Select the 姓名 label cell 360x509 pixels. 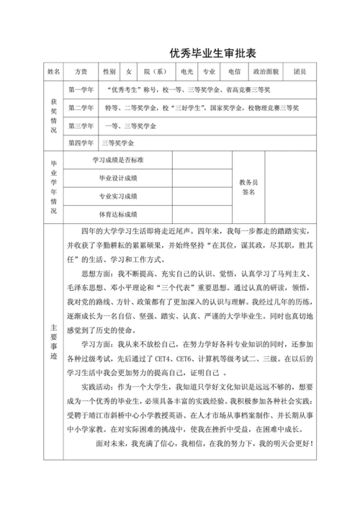[53, 72]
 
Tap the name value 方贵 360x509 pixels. [80, 72]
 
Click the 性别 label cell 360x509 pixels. [109, 72]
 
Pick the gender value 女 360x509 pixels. [129, 72]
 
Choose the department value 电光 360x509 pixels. [187, 72]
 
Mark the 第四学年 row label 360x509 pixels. [80, 143]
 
